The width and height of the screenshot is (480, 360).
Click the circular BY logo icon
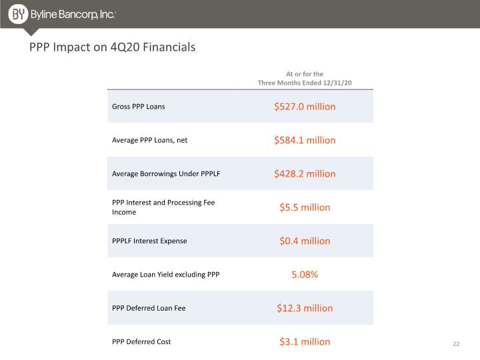tap(18, 14)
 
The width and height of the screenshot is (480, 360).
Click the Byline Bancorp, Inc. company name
tap(73, 15)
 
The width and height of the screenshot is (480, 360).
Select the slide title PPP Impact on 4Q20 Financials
tap(113, 47)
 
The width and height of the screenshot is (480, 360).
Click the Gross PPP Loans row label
tap(139, 107)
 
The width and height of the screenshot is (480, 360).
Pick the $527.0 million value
tap(305, 107)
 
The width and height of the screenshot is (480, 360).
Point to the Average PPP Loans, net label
tap(150, 140)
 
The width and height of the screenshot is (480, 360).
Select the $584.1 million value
tap(305, 140)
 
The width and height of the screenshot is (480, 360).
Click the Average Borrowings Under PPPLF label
tap(166, 173)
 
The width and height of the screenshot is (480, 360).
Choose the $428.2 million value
tap(305, 173)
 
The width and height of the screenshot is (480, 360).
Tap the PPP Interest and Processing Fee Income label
tap(163, 207)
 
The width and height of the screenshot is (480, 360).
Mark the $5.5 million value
tap(305, 207)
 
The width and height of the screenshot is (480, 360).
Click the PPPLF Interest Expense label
tap(149, 241)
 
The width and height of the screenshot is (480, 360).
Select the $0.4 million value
tap(305, 241)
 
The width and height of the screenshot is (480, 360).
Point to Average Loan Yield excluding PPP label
tap(165, 275)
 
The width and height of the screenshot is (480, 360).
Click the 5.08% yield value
tap(305, 275)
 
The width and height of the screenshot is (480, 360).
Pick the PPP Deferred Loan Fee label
tap(149, 308)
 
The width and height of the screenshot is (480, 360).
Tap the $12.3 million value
tap(305, 308)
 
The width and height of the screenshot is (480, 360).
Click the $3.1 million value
tap(305, 341)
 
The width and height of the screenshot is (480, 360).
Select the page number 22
tap(456, 344)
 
